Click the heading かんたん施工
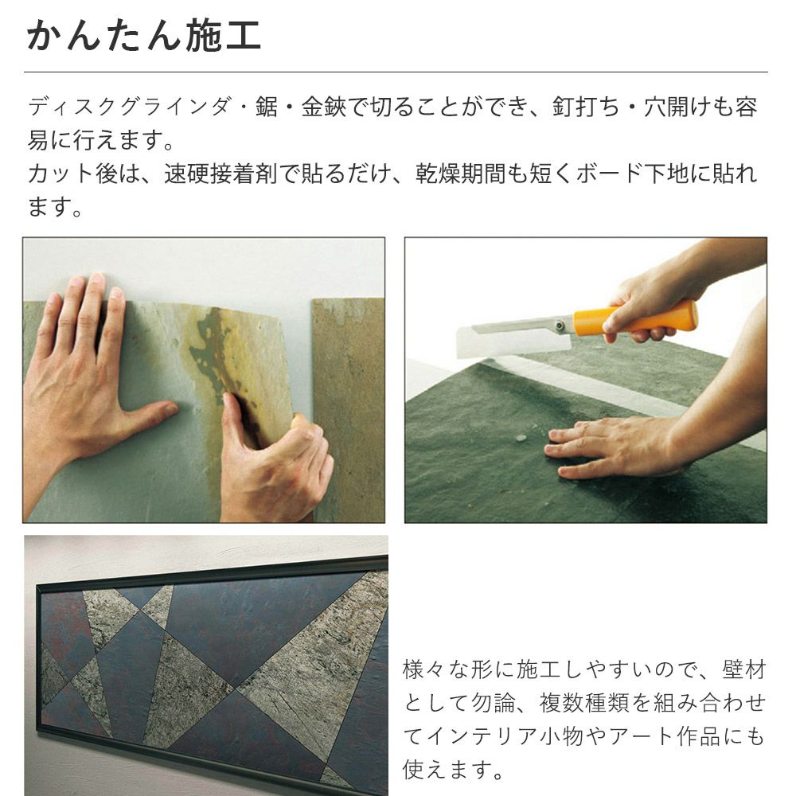[x=144, y=35]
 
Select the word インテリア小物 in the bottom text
[x=501, y=736]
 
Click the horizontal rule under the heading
[x=397, y=72]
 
